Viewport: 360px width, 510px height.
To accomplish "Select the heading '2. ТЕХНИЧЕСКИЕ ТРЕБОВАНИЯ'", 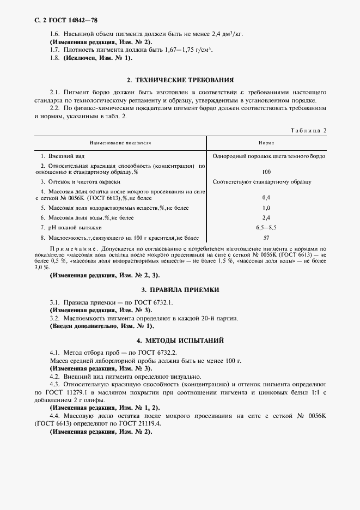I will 180,80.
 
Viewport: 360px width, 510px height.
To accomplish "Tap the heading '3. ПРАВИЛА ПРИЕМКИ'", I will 180,290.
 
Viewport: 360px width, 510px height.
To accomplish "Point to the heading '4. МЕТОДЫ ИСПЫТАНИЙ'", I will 180,341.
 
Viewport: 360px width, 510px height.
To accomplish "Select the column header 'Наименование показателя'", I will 120,142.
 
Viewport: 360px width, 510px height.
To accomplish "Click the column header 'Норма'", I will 266,142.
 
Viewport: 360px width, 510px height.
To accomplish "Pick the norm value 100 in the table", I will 266,171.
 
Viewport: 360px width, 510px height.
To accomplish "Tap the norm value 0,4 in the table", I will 266,197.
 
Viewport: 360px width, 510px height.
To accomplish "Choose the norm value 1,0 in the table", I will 266,208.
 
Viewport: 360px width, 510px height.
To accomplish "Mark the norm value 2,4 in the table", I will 266,217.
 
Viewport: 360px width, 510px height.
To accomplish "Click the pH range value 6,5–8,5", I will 266,227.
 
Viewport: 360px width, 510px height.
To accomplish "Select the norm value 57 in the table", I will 266,238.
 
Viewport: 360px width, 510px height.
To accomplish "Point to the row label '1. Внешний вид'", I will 60,156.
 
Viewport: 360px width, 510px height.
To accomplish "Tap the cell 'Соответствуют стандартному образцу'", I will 261,181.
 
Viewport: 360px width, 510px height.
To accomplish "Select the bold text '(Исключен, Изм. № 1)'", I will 97,58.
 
